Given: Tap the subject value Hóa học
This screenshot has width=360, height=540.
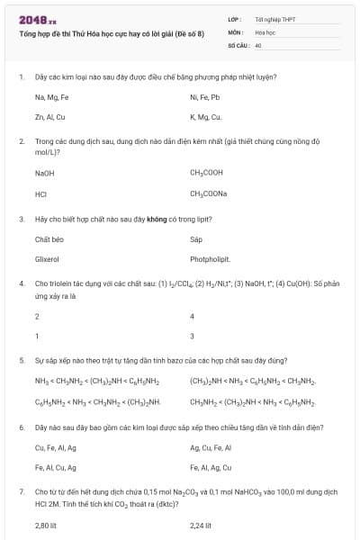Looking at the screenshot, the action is [265, 31].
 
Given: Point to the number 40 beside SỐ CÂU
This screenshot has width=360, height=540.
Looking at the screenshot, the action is [258, 44].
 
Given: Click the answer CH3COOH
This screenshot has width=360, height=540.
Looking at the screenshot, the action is [208, 172].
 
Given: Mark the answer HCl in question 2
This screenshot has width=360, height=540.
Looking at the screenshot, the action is [40, 193].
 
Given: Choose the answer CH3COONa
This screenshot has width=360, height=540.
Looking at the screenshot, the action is [209, 193].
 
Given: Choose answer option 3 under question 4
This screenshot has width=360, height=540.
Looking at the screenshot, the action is [193, 337].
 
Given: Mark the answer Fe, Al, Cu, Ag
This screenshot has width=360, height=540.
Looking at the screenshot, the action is [55, 468].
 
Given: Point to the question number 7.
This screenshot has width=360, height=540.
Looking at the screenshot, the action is [21, 492].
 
